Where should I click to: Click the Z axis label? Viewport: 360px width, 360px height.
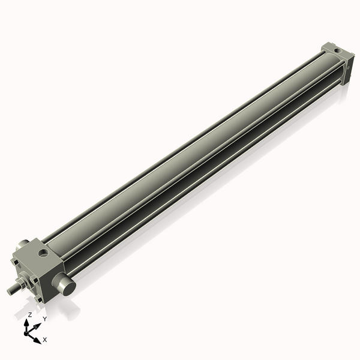[x=30, y=314]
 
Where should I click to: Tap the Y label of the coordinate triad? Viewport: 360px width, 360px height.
[x=44, y=319]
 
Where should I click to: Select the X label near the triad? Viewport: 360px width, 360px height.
[x=45, y=340]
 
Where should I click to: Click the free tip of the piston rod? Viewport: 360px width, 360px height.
[x=10, y=292]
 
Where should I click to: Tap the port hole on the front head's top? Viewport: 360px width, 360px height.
[x=43, y=254]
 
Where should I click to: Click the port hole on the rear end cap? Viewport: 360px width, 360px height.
[x=336, y=50]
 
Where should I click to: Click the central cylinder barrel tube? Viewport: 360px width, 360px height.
[x=192, y=162]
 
